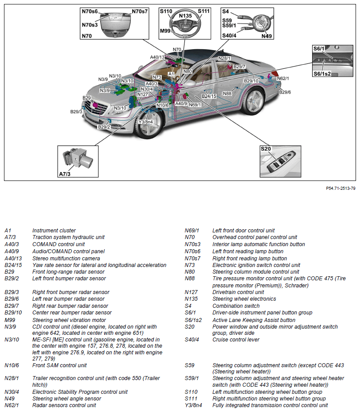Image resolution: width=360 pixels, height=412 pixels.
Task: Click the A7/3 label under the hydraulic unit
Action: click(x=65, y=174)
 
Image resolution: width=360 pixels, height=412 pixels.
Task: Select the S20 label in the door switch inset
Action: click(x=266, y=149)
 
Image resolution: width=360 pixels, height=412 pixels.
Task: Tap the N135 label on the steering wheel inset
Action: click(x=185, y=16)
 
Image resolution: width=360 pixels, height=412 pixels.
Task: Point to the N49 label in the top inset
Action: click(x=266, y=36)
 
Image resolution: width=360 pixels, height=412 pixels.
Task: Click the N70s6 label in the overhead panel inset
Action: click(x=90, y=11)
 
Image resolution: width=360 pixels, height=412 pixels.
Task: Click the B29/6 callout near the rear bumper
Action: click(x=285, y=92)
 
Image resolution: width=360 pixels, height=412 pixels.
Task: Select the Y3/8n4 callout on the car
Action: click(x=146, y=122)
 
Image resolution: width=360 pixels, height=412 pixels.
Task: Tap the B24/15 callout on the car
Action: click(x=209, y=96)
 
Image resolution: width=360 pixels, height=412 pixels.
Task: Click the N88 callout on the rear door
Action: click(x=227, y=94)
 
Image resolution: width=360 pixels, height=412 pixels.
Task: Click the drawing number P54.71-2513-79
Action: click(x=340, y=188)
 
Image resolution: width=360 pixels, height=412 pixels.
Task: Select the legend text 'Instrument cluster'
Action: click(x=54, y=231)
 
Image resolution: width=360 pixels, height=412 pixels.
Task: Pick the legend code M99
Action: click(x=10, y=320)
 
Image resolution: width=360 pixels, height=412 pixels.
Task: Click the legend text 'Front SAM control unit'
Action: click(x=59, y=365)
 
